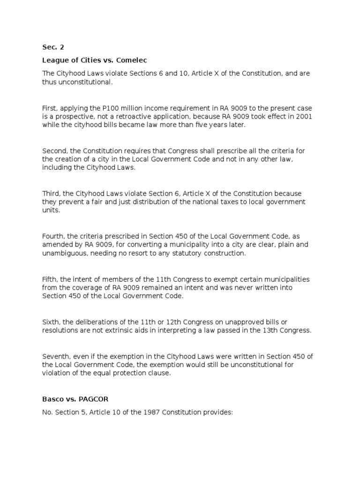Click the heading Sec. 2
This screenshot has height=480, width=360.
53,47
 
